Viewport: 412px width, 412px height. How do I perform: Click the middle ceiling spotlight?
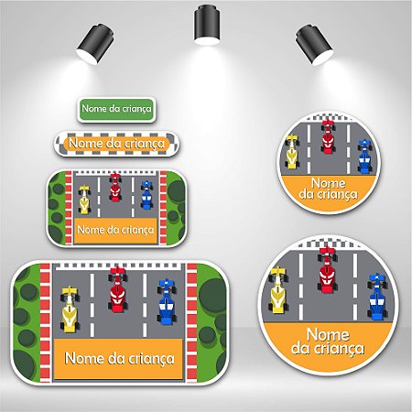click(207, 26)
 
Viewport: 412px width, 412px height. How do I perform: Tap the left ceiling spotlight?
click(95, 44)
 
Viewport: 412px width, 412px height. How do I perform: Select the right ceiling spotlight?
click(314, 45)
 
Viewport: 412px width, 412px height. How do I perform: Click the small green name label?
click(116, 109)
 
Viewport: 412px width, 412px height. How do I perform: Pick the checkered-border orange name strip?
click(116, 144)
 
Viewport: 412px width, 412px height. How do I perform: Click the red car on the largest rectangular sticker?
click(117, 288)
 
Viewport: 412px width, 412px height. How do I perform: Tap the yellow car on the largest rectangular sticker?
click(70, 309)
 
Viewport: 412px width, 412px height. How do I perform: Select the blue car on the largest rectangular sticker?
click(167, 301)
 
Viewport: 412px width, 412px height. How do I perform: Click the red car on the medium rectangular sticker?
click(114, 187)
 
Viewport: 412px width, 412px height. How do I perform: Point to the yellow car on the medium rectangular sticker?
click(84, 200)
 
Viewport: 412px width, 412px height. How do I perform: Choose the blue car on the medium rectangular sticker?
click(146, 195)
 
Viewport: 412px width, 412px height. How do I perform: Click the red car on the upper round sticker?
click(328, 136)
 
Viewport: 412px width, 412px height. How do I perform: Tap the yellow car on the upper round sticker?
click(292, 151)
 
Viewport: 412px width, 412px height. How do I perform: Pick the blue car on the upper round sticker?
click(364, 157)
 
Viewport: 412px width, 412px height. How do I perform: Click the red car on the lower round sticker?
click(328, 269)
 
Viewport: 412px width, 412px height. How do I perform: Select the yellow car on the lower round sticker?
click(278, 289)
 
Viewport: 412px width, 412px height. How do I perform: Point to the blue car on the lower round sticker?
click(377, 297)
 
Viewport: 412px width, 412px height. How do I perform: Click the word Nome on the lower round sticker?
click(328, 334)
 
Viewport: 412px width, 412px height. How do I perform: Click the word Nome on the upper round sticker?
click(329, 183)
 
